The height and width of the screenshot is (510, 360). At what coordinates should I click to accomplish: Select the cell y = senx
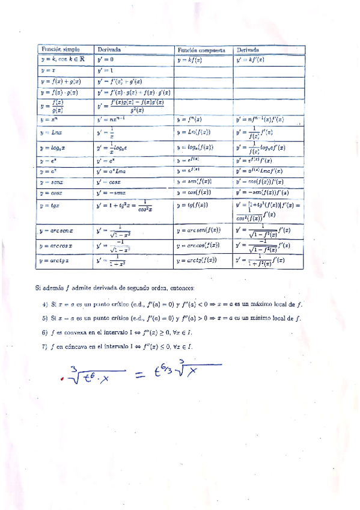pyautogui.click(x=52, y=182)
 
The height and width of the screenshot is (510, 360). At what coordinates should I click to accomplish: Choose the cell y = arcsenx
pyautogui.click(x=56, y=230)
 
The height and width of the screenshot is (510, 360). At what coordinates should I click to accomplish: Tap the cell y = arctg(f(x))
pyautogui.click(x=199, y=260)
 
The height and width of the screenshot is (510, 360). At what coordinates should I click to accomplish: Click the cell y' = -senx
pyautogui.click(x=112, y=192)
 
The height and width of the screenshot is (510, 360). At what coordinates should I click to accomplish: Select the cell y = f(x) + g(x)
pyautogui.click(x=61, y=81)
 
